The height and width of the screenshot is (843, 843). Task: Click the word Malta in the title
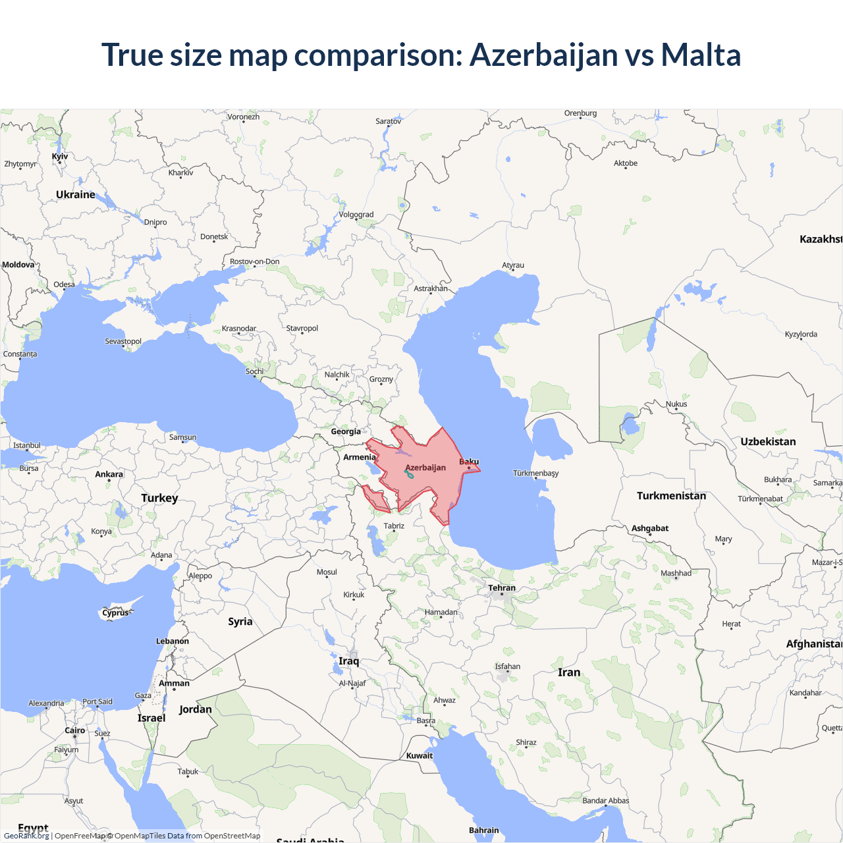pos(701,55)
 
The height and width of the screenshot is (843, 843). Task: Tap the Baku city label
pos(469,462)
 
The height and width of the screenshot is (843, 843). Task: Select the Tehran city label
pos(502,587)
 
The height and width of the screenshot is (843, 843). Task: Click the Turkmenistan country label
pos(671,495)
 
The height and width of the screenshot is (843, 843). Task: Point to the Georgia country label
pos(346,431)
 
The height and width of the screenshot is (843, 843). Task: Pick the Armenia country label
pos(360,457)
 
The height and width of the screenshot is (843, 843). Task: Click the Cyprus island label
pos(116,612)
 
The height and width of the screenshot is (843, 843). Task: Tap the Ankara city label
pos(109,474)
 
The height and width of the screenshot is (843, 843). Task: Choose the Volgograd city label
pos(356,215)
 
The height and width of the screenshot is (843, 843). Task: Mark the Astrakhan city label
pos(431,288)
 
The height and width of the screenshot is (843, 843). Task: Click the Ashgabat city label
pos(650,528)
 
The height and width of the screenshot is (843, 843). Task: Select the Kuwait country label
pos(420,755)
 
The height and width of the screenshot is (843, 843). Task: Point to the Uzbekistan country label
pos(768,441)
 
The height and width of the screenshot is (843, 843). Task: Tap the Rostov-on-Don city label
pos(255,261)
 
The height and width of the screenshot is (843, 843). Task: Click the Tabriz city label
pos(394,526)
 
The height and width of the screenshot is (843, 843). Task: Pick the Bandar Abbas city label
pos(606,801)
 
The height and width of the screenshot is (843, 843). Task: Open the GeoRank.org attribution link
pos(26,836)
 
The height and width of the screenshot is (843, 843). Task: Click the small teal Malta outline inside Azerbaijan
pos(409,474)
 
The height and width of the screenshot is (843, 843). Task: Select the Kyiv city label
pos(60,156)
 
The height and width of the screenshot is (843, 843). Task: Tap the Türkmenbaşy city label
pos(536,473)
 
